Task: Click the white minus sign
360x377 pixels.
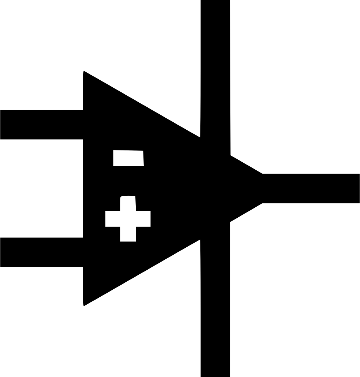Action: coord(128,158)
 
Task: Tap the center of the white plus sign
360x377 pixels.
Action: coord(128,219)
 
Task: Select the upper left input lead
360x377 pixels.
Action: coord(42,125)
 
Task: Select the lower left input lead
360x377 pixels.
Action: coord(42,252)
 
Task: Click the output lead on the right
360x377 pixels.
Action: coord(311,188)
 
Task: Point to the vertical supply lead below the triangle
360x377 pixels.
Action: coord(215,308)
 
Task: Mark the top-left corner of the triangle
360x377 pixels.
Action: coord(84,72)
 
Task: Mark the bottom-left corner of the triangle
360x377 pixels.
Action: coord(84,305)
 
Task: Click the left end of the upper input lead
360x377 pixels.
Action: coord(2,125)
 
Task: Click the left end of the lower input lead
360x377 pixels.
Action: coord(2,252)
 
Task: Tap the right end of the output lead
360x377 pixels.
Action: coord(358,188)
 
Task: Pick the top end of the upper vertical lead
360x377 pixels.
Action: coord(215,2)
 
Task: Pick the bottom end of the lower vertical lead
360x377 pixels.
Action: coord(215,375)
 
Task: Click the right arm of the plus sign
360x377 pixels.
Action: coord(144,219)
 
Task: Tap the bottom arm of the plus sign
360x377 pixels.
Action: coord(128,235)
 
